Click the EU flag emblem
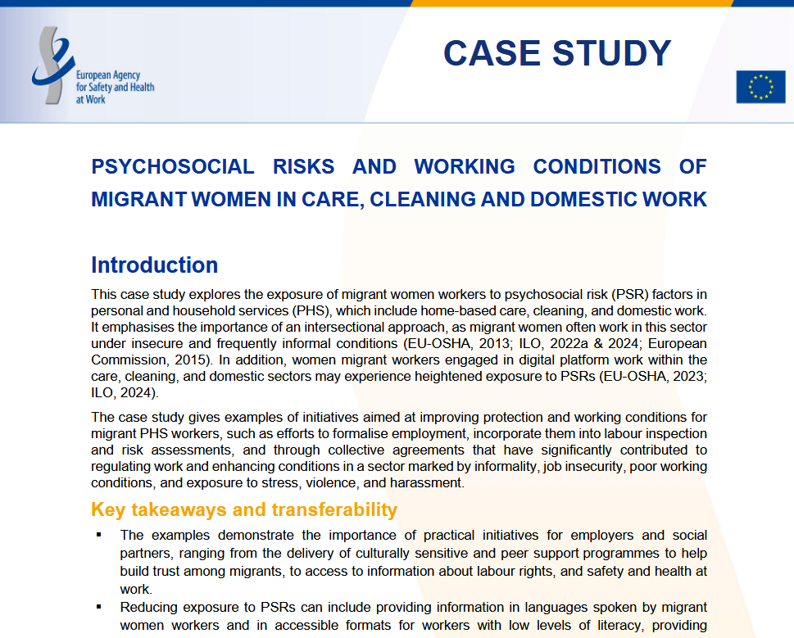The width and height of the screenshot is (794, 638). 760,87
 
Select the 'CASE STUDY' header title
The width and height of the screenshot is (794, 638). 557,53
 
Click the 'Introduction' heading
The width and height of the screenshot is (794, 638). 154,265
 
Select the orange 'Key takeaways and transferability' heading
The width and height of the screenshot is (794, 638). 243,510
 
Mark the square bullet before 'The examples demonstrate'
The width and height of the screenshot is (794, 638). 99,535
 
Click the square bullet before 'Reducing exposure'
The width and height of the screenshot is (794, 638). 99,607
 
